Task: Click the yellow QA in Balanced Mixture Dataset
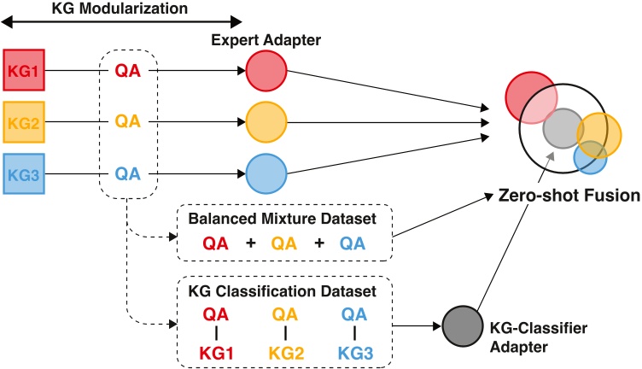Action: [x=286, y=244]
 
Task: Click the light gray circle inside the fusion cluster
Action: [x=562, y=128]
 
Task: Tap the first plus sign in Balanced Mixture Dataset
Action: [x=251, y=244]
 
